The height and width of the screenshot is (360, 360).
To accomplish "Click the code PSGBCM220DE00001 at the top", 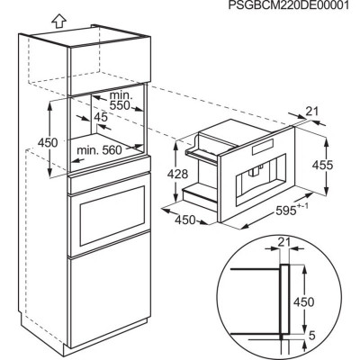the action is point(289,5).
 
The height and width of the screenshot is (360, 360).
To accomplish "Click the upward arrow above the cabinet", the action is point(58,22).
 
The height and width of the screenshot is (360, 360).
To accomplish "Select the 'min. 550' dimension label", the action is point(120,100).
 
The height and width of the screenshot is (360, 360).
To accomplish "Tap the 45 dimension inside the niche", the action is point(101,117).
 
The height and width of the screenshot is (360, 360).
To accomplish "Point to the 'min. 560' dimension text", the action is point(100,150).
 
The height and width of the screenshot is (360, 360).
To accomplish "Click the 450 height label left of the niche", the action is point(48,142).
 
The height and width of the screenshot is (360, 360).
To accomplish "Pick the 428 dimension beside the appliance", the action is point(178,174).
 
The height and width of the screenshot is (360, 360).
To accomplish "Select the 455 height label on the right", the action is point(323,165).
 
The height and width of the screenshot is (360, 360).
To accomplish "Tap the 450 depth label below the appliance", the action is point(185,220).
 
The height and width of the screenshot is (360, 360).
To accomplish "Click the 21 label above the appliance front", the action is point(312,112).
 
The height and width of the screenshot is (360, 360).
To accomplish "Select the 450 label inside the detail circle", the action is point(304,301).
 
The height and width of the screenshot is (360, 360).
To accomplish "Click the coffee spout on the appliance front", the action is point(255,172).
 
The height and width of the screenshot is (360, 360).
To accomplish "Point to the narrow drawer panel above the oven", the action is point(110,183).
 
